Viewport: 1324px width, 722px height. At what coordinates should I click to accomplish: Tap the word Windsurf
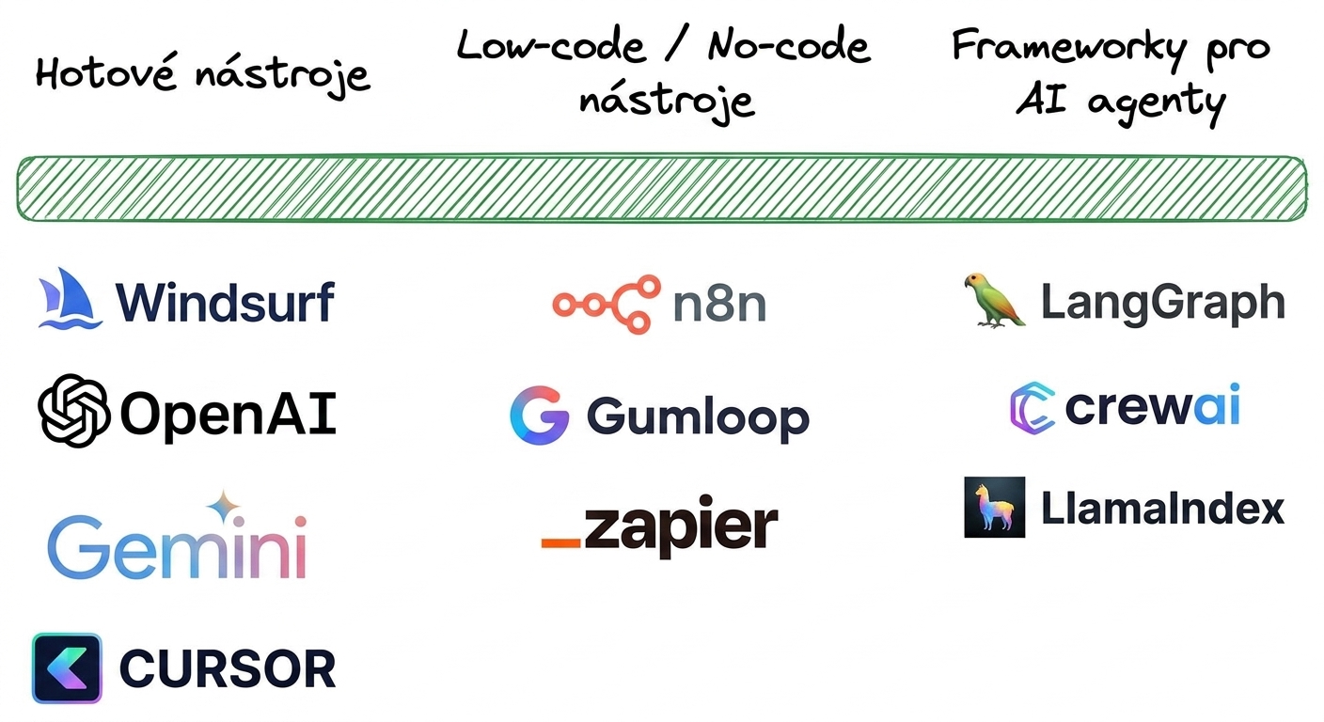pos(225,303)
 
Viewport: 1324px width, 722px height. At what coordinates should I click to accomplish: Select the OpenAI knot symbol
pos(73,411)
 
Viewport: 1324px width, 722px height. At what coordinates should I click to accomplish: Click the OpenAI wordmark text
pos(229,414)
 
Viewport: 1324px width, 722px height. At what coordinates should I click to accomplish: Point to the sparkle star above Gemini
pos(224,507)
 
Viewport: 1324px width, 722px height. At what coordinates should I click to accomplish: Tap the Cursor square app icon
pos(67,668)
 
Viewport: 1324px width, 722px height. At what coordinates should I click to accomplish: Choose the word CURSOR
pos(228,668)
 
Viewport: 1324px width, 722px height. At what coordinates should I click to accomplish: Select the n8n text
pos(719,305)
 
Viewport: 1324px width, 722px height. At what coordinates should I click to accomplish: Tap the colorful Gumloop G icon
pos(539,415)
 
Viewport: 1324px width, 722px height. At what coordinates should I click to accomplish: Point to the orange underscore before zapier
pos(561,542)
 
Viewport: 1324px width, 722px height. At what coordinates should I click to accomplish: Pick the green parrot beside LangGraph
pos(994,300)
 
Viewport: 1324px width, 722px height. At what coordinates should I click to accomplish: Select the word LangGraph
pos(1162,304)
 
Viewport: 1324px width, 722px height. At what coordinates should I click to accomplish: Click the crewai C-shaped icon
pos(1032,408)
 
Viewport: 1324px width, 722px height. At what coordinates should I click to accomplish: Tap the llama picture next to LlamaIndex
pos(995,507)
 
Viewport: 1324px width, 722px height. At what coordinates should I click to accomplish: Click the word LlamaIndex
pos(1162,508)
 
